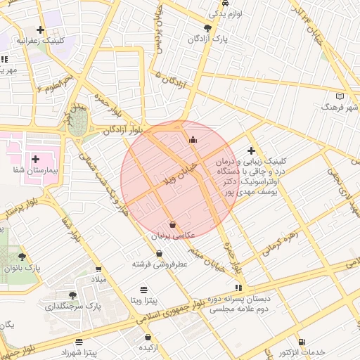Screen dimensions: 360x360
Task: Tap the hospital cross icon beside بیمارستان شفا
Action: click(x=35, y=159)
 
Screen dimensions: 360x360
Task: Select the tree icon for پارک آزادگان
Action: click(x=207, y=28)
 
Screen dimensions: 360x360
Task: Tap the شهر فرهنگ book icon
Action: click(x=340, y=96)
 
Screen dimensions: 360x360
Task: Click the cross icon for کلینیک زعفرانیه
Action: click(x=40, y=30)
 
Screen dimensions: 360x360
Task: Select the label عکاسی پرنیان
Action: click(x=173, y=236)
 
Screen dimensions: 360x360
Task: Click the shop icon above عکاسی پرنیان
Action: click(x=173, y=224)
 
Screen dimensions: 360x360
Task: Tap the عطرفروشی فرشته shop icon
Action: click(x=160, y=253)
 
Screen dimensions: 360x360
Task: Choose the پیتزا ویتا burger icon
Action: click(x=144, y=289)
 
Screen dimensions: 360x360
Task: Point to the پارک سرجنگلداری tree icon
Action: click(x=72, y=295)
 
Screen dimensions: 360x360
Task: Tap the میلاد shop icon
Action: click(x=98, y=269)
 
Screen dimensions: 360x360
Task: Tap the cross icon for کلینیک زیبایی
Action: click(x=251, y=150)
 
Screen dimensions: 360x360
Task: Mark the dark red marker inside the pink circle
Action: click(x=193, y=139)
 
